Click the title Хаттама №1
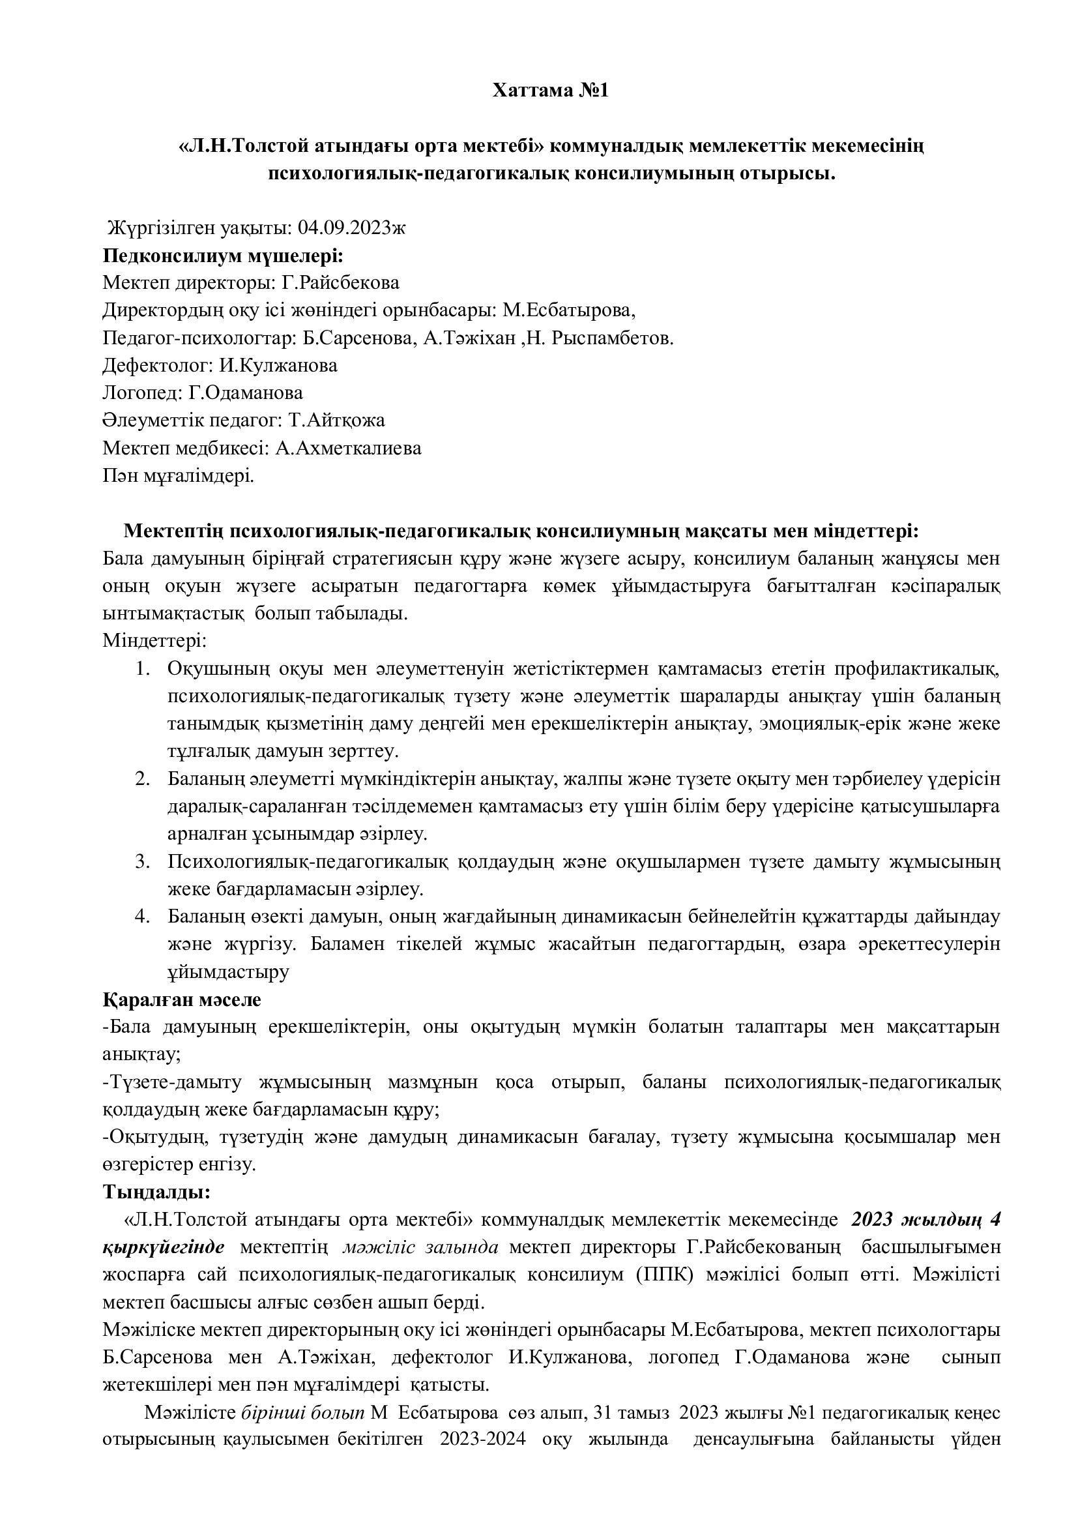[550, 91]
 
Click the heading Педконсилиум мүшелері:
[223, 256]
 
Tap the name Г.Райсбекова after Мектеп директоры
[340, 283]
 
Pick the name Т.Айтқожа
[336, 421]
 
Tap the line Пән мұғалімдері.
[179, 475]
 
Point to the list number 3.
[141, 862]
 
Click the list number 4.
[141, 917]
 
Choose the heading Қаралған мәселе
[182, 999]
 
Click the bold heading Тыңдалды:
[156, 1193]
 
